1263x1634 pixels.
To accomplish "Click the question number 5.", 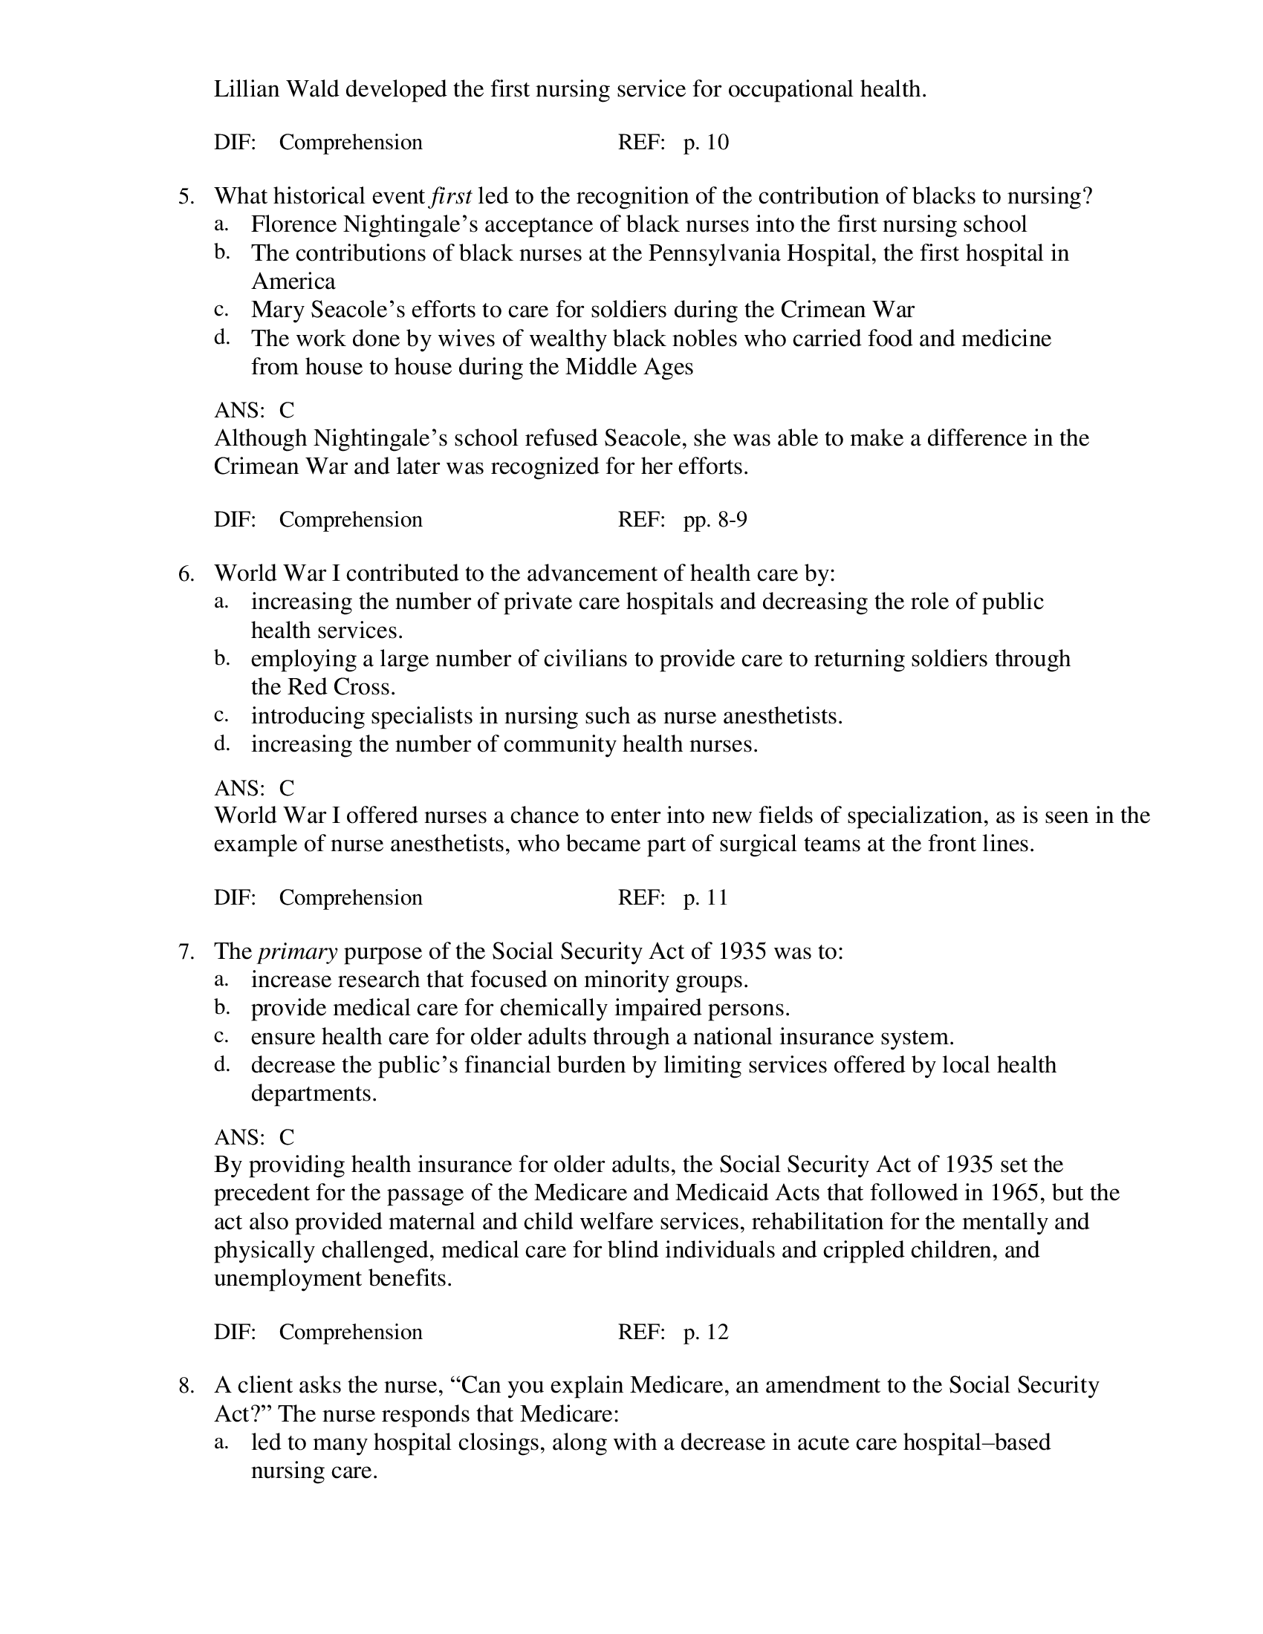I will pyautogui.click(x=186, y=197).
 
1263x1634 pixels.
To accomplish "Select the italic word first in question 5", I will pyautogui.click(x=451, y=196).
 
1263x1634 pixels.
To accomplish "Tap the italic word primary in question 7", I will pyautogui.click(x=297, y=951).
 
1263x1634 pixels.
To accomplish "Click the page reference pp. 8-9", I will pyautogui.click(x=715, y=519).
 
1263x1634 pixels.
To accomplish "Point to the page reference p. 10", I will pyautogui.click(x=706, y=142).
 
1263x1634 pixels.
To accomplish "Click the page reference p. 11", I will pyautogui.click(x=705, y=897).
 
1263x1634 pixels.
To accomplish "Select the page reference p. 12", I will pyautogui.click(x=706, y=1332).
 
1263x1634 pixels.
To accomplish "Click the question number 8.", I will pyautogui.click(x=186, y=1386).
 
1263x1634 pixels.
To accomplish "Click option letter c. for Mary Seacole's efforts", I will pyautogui.click(x=221, y=309).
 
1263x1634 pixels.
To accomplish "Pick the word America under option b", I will pyautogui.click(x=293, y=281).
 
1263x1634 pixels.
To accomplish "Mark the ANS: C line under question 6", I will pyautogui.click(x=254, y=788).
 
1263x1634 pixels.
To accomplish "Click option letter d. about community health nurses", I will pyautogui.click(x=221, y=743).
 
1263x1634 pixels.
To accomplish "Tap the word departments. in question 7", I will pyautogui.click(x=314, y=1093).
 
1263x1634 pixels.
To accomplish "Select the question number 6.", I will pyautogui.click(x=186, y=574).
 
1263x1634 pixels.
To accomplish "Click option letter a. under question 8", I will pyautogui.click(x=221, y=1442).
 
